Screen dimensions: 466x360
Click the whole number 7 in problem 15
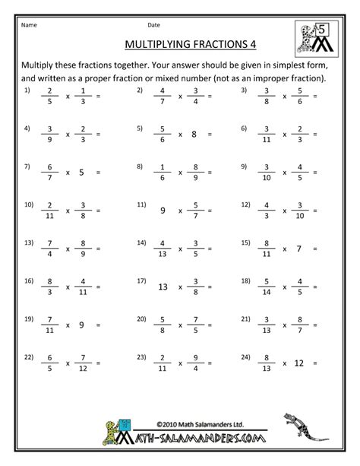click(x=299, y=248)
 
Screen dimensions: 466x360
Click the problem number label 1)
click(x=27, y=90)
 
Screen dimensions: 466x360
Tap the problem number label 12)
click(x=246, y=204)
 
